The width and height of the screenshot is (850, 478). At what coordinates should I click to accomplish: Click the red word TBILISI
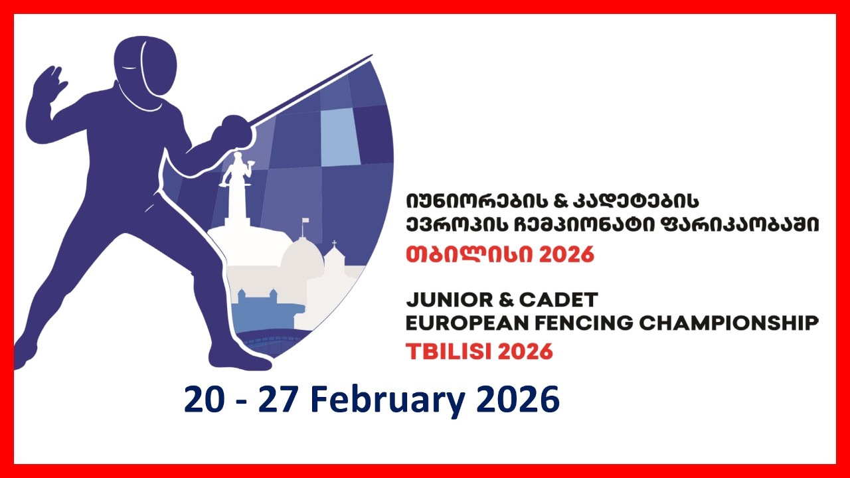coord(449,351)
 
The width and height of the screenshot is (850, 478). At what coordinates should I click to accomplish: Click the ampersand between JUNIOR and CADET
coord(506,299)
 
